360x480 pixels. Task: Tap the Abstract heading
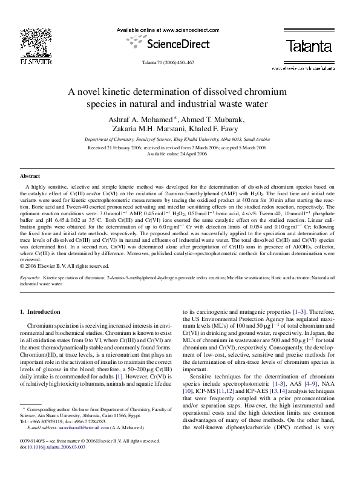[x=30, y=175]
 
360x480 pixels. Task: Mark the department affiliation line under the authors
[x=180, y=138]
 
